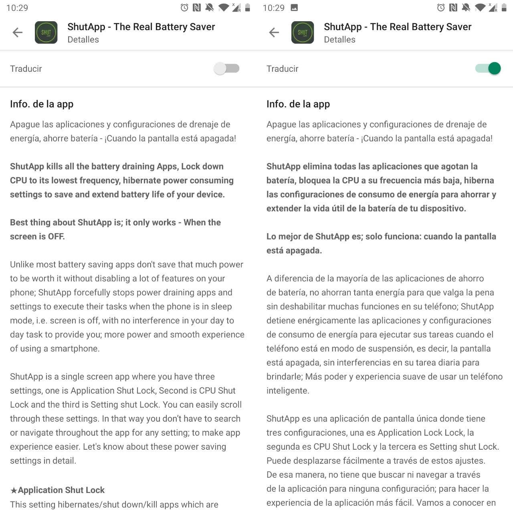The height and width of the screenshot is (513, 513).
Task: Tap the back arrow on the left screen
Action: click(18, 32)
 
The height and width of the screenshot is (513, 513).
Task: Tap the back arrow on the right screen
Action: click(274, 32)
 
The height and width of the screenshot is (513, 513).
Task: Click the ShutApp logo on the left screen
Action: click(46, 32)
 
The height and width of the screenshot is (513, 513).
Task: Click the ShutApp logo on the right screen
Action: click(303, 32)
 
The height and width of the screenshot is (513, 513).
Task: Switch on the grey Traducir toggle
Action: click(226, 69)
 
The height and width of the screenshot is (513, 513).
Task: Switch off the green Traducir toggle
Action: click(488, 69)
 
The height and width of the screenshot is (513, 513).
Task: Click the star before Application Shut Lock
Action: click(14, 490)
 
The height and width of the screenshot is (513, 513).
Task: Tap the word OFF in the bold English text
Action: click(56, 236)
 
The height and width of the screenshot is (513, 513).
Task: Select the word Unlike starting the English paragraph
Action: click(23, 265)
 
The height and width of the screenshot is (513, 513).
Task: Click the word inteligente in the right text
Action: click(287, 391)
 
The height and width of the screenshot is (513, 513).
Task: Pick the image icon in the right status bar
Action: click(294, 8)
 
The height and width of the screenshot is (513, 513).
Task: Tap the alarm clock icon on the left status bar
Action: click(184, 8)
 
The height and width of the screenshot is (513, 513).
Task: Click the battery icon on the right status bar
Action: click(504, 8)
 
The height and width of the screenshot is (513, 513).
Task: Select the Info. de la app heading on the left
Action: click(42, 104)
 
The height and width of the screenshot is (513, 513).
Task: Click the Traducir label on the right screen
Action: click(282, 69)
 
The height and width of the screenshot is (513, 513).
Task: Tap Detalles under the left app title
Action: click(83, 40)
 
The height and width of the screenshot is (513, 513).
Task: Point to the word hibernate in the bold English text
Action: click(141, 180)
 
